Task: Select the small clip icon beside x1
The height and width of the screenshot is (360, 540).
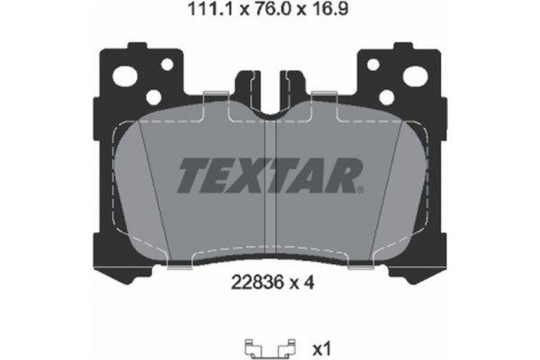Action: pyautogui.click(x=269, y=345)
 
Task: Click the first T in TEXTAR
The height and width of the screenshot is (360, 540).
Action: pyautogui.click(x=191, y=176)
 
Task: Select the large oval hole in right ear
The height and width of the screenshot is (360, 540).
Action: pyautogui.click(x=414, y=77)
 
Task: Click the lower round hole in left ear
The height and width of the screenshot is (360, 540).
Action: pyautogui.click(x=155, y=96)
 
